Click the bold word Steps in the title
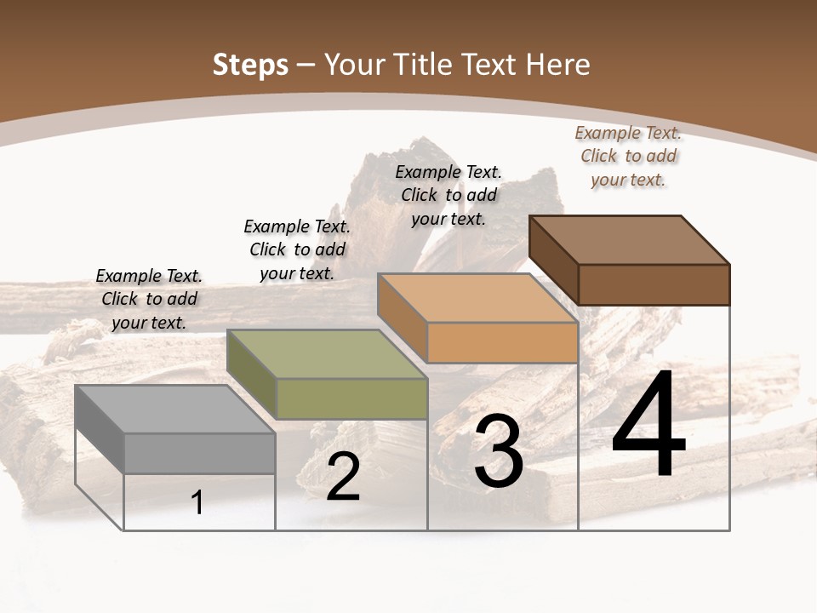250,65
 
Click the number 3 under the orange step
499,452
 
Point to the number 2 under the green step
343,477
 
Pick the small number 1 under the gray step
197,503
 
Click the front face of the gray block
199,453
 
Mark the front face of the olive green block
351,398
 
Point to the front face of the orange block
502,342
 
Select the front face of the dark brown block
654,284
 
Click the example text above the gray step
149,299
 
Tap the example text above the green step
297,249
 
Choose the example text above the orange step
448,195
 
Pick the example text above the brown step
628,156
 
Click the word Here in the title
558,65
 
